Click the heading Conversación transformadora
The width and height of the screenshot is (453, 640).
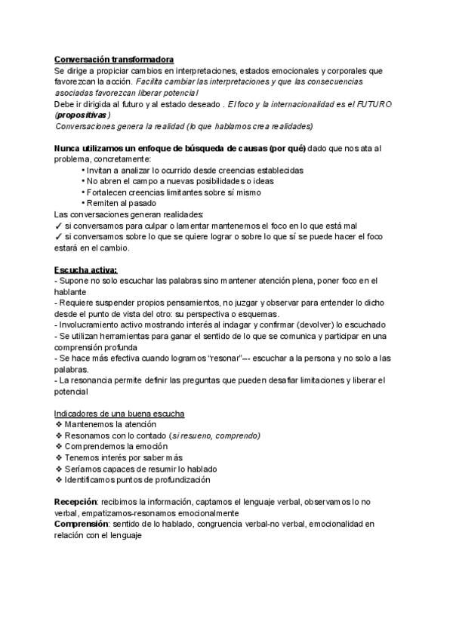[114, 59]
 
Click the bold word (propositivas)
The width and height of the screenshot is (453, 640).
[83, 114]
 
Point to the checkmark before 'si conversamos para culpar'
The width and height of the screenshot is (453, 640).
[58, 226]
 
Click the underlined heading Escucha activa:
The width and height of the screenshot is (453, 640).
[85, 270]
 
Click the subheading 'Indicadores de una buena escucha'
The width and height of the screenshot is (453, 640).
[119, 414]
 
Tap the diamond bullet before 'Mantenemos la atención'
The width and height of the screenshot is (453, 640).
[58, 425]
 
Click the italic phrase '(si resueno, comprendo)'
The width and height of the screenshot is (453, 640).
[215, 435]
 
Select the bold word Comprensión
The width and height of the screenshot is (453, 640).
[82, 524]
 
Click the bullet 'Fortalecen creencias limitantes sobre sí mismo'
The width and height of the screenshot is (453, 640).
[171, 192]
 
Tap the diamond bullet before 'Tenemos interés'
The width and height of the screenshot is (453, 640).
[58, 457]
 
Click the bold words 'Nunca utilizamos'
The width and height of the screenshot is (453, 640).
[91, 148]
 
